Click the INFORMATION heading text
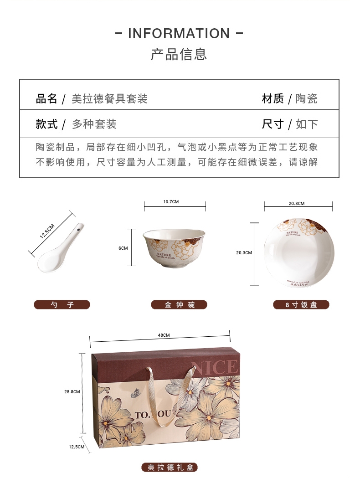(179, 34)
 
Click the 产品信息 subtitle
(179, 54)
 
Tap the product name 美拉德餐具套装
(109, 99)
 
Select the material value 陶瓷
(306, 99)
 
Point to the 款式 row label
(46, 124)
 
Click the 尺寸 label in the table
(273, 124)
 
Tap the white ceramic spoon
(61, 248)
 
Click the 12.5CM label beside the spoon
(47, 231)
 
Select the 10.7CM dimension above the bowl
(171, 202)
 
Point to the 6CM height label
(123, 248)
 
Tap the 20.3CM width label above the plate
(297, 203)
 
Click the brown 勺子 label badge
(62, 304)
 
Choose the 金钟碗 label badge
(179, 304)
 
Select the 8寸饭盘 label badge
(301, 304)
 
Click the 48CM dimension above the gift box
(164, 335)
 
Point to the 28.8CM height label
(72, 392)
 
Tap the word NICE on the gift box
(217, 367)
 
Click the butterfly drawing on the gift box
(135, 394)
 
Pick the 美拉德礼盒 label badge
(170, 467)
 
